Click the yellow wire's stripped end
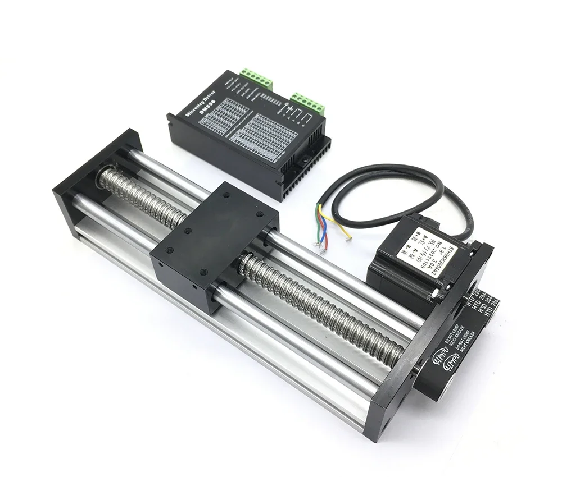(x=348, y=239)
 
